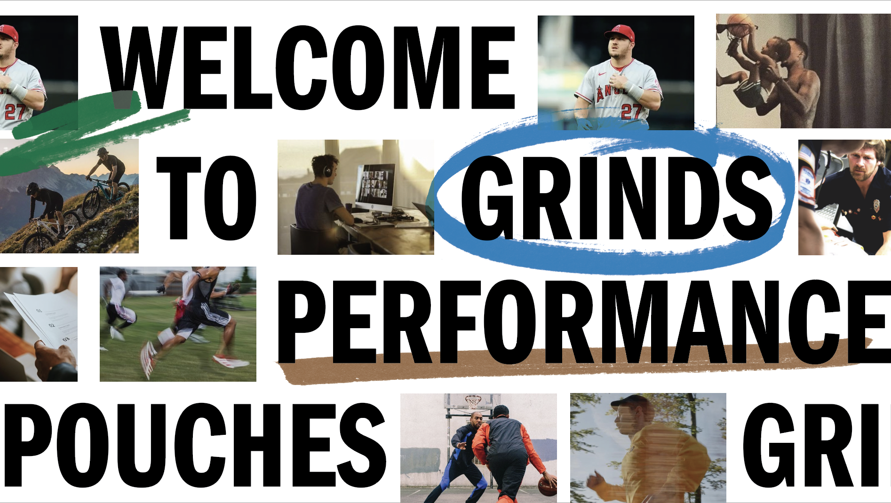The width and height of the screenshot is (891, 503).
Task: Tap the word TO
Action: click(207, 197)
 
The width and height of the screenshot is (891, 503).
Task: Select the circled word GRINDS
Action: click(616, 198)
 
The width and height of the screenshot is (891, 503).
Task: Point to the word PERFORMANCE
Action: click(583, 322)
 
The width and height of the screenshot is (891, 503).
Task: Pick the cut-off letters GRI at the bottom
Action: click(811, 445)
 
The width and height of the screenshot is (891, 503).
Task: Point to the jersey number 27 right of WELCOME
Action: click(631, 112)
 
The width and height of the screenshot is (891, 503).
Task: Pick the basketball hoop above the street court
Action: click(473, 402)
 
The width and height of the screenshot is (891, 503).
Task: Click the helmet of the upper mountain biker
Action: click(103, 151)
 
